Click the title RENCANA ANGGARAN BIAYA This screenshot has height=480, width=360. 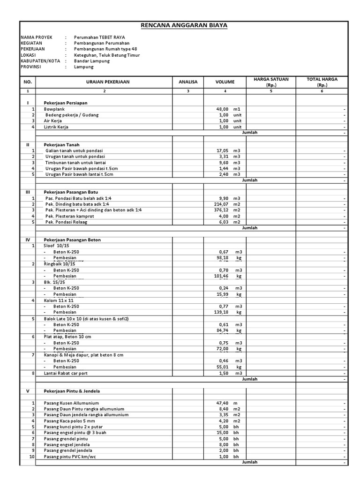184,26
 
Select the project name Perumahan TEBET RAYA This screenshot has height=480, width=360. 99,37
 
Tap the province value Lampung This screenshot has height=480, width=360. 84,67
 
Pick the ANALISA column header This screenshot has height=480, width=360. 188,82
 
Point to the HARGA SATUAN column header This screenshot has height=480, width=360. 271,82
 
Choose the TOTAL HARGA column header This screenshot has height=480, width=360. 322,82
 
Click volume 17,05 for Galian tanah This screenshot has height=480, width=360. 222,150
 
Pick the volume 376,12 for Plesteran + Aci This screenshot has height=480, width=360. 220,210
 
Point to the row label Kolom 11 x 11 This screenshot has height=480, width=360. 60,300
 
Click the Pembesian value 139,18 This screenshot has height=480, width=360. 220,312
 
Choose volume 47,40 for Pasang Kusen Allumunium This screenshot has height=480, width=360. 222,403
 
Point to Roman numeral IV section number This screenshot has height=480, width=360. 27,240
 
